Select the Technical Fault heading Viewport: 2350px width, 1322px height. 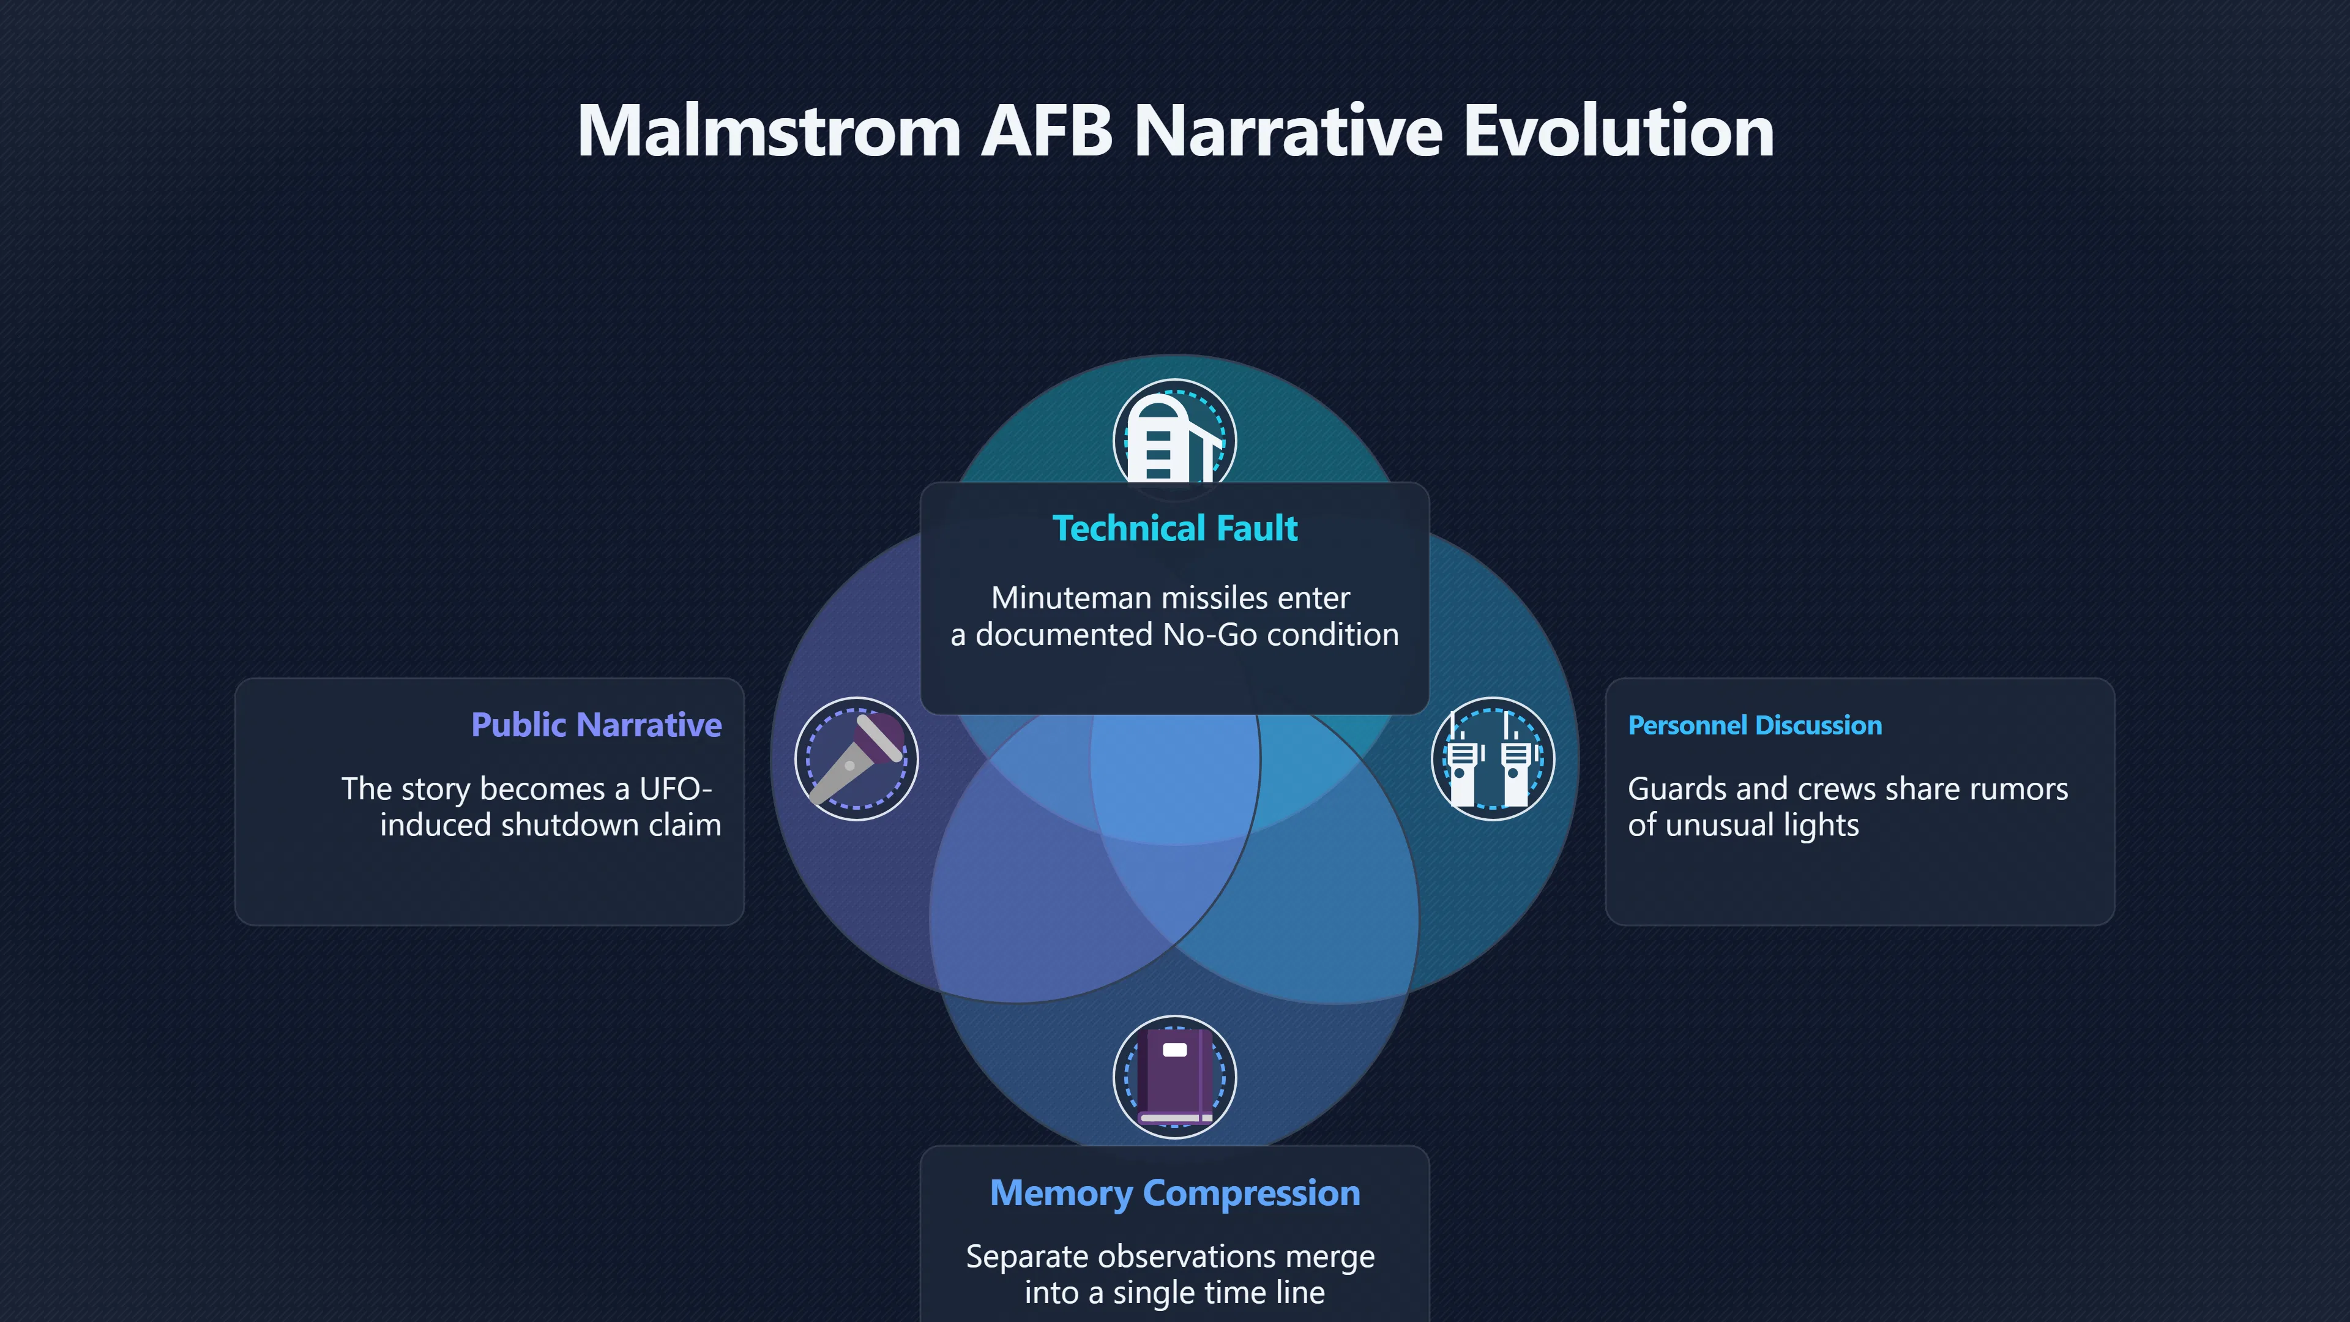pos(1174,528)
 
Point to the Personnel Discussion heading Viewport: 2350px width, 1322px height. pos(1755,725)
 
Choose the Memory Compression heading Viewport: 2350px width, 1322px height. pos(1174,1193)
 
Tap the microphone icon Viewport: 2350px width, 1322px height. pos(856,758)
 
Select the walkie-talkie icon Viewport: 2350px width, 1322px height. pos(1493,758)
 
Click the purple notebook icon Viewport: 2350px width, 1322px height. pos(1174,1077)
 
